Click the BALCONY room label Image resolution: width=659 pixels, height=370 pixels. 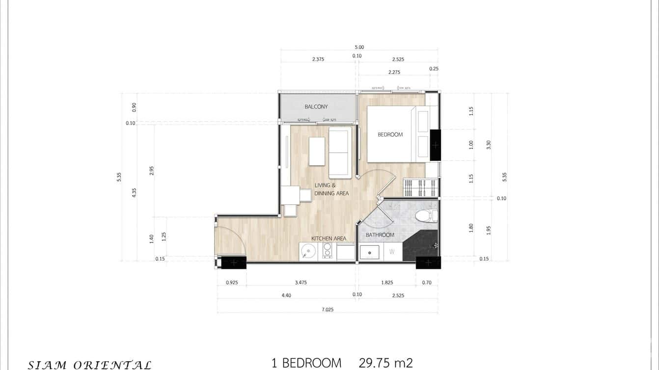click(x=316, y=106)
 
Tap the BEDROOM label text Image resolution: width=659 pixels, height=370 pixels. click(x=390, y=134)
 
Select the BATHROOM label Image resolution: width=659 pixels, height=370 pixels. click(x=380, y=235)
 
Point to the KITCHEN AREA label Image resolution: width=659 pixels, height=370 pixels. click(x=329, y=238)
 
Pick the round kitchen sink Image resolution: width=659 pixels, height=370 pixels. click(x=308, y=252)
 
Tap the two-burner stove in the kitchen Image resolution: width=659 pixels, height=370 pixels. click(x=327, y=252)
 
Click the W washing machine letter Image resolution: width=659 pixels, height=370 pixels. click(x=392, y=252)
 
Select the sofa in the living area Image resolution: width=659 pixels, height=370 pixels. click(x=340, y=152)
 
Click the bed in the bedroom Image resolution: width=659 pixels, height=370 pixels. click(x=393, y=134)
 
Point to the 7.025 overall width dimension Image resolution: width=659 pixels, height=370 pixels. click(x=328, y=310)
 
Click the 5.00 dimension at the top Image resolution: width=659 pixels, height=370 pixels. click(x=359, y=47)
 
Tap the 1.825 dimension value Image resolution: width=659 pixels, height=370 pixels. click(x=386, y=283)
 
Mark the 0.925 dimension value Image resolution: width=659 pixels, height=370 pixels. click(x=232, y=283)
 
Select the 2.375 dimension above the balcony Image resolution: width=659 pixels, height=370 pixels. click(x=318, y=59)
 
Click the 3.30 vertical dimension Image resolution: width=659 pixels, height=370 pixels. click(x=488, y=145)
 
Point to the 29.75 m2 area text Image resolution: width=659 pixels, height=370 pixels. click(x=385, y=363)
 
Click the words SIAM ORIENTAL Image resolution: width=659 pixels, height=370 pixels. click(x=89, y=365)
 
